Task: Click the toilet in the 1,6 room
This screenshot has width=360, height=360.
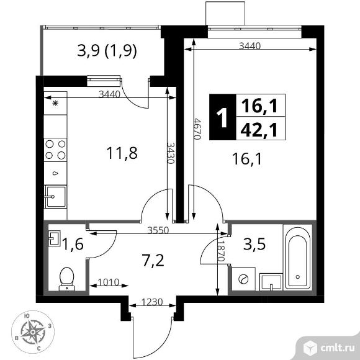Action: click(x=67, y=279)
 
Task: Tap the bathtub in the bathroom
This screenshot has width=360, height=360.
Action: click(x=297, y=258)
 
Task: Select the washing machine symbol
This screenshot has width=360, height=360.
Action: click(x=243, y=279)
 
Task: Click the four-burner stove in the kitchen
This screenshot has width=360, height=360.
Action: click(x=55, y=150)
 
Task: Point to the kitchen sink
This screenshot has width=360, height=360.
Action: click(x=55, y=197)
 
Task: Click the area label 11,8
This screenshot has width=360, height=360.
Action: click(x=122, y=153)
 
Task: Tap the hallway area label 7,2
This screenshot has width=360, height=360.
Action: click(x=153, y=261)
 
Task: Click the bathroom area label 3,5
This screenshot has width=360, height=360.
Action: click(x=254, y=244)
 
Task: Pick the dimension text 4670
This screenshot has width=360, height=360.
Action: click(x=197, y=129)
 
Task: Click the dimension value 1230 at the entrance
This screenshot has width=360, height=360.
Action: click(x=152, y=302)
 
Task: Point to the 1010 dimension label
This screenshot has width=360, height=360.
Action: click(x=109, y=282)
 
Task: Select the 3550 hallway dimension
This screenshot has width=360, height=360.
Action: click(x=158, y=230)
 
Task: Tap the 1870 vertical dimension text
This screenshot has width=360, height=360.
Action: click(x=221, y=251)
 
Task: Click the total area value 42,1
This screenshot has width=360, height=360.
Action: click(x=259, y=130)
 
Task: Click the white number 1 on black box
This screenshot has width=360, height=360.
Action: click(x=222, y=118)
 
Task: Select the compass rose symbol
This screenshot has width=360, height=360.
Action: click(x=33, y=332)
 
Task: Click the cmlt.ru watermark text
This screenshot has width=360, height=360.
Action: click(x=337, y=348)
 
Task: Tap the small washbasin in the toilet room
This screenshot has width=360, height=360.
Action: click(x=55, y=238)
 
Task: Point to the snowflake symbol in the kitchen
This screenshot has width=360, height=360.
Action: click(x=55, y=103)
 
